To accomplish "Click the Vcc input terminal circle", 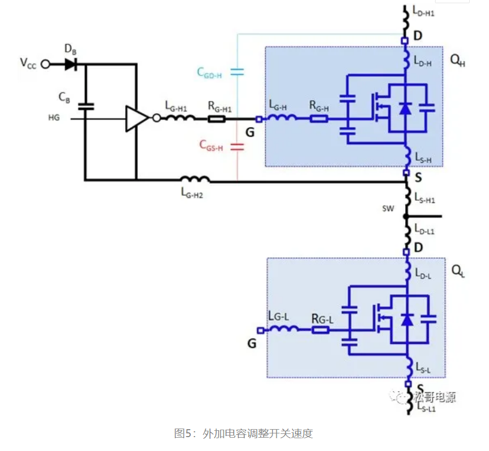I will tap(45, 64).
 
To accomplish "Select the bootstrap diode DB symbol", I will tap(71, 64).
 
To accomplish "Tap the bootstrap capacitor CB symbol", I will tap(84, 106).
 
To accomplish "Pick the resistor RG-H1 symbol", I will tap(216, 118).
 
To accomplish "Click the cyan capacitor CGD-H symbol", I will tap(237, 72).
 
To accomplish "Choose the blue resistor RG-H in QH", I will tap(319, 118).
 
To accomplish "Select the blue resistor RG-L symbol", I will tap(321, 329).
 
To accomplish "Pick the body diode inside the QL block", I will tap(407, 319).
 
